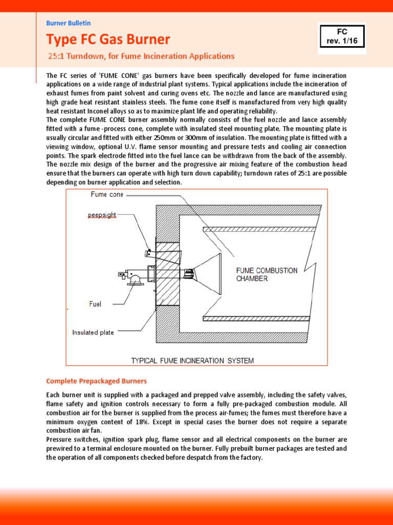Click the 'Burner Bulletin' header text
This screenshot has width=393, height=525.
click(68, 23)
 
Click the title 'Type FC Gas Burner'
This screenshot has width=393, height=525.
click(108, 39)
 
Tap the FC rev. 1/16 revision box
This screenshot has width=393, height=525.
click(342, 38)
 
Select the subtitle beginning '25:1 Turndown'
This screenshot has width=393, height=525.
click(140, 56)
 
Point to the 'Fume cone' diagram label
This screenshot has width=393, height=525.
click(107, 194)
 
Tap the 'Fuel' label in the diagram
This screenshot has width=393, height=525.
click(95, 304)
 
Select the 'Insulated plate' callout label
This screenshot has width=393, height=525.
click(93, 332)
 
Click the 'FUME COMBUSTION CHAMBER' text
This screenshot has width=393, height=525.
click(266, 274)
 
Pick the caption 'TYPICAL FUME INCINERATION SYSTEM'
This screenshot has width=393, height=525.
click(192, 360)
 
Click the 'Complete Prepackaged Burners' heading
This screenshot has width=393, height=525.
click(96, 381)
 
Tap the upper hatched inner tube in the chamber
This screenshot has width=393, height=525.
click(259, 230)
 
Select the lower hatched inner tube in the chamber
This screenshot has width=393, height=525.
click(256, 318)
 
